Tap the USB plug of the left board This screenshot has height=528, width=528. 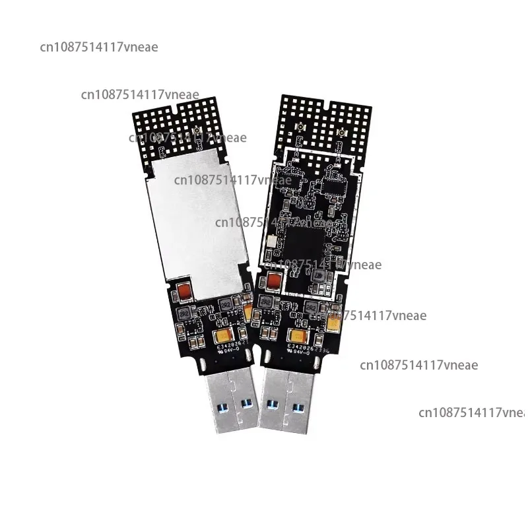[x=231, y=399]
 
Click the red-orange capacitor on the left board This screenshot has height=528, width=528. [x=185, y=290]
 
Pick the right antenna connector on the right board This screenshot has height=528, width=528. [x=341, y=136]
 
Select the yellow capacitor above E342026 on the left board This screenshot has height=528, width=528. [x=227, y=337]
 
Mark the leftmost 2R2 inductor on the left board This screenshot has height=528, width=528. [x=185, y=310]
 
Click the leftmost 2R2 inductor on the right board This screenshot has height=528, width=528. [x=267, y=300]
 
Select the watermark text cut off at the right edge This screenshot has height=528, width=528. [x=472, y=412]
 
